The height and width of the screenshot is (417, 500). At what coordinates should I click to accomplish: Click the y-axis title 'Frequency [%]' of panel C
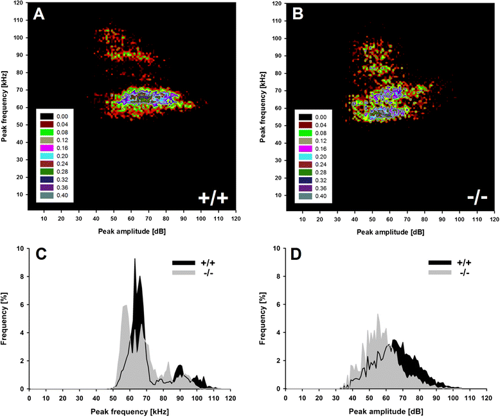[x=6, y=318]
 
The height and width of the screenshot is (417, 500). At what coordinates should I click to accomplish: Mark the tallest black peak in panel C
[x=135, y=259]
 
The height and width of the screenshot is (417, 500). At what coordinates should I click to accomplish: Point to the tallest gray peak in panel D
[x=378, y=314]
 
